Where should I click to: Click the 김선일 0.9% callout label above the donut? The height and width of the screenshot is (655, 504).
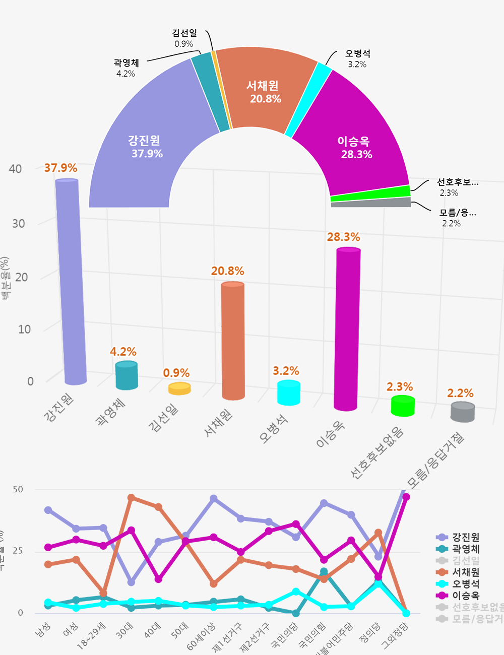click(184, 38)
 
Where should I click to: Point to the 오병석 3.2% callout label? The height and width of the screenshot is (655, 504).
click(357, 58)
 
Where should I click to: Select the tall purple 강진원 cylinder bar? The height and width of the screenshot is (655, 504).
click(70, 282)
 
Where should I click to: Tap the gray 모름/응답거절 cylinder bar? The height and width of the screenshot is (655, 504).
click(463, 412)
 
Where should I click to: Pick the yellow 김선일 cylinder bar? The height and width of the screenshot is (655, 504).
click(179, 388)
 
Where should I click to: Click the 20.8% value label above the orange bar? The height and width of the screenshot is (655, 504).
click(227, 271)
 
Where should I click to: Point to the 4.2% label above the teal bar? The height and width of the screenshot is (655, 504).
click(123, 352)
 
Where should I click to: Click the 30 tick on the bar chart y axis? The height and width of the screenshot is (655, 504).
click(19, 224)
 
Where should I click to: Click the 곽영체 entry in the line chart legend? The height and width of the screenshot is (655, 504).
click(465, 549)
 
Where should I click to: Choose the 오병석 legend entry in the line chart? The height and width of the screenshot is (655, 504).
click(465, 584)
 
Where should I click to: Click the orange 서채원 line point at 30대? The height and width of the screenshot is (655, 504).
click(131, 498)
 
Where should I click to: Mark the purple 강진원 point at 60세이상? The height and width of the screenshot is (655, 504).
click(214, 498)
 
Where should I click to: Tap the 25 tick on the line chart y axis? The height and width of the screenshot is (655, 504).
click(18, 551)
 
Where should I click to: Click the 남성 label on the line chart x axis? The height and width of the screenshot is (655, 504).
click(43, 630)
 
